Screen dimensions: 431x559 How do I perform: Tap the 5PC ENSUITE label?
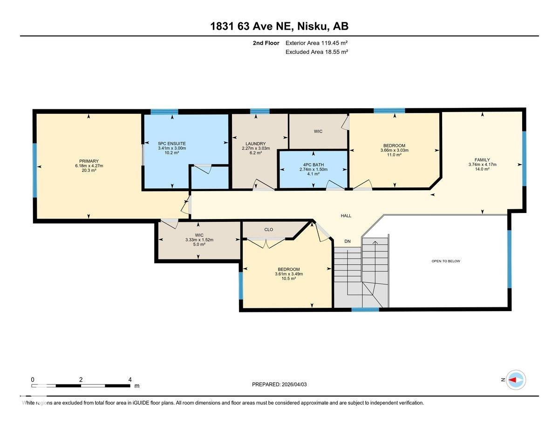click(x=172, y=144)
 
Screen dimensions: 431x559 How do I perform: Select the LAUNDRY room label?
click(x=256, y=144)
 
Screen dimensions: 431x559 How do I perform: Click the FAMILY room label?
click(x=482, y=159)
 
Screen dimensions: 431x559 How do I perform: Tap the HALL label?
click(x=346, y=216)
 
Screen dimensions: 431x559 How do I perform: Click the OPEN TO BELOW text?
click(x=446, y=261)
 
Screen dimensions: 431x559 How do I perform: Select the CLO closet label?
click(x=268, y=229)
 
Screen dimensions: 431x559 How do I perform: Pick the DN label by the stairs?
click(x=348, y=241)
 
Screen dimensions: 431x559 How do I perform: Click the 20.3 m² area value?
click(x=89, y=171)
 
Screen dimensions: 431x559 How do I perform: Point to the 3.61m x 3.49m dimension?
click(x=289, y=274)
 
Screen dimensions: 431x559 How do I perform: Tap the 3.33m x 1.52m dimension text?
click(x=199, y=240)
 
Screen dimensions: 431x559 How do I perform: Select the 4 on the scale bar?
click(x=130, y=379)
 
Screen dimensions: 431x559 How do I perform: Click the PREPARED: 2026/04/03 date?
click(x=279, y=385)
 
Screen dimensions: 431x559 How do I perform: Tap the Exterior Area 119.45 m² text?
click(x=317, y=43)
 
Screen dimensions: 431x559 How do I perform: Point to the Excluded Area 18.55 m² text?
click(x=317, y=52)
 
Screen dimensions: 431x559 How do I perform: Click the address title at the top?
click(x=279, y=27)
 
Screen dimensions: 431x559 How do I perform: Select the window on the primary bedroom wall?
click(x=35, y=170)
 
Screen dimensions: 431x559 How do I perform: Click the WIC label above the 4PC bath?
click(x=318, y=132)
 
